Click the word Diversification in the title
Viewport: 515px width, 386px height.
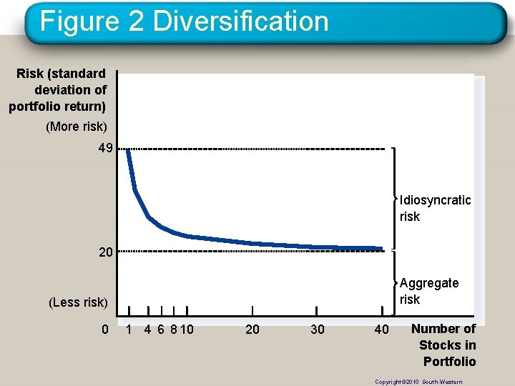240,21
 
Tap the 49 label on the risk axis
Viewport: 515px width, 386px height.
107,149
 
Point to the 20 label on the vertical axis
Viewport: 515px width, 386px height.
107,252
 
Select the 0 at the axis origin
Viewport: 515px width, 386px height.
104,330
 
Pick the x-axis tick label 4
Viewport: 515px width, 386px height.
147,330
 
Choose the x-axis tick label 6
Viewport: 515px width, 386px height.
161,330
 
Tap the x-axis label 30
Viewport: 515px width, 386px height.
317,330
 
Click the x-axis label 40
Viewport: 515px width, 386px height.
382,330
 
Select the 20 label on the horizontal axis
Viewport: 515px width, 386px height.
252,330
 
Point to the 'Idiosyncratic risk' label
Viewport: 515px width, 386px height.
435,208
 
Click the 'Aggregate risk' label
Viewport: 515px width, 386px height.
429,291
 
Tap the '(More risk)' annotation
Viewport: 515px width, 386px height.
77,127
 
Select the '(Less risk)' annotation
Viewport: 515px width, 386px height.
78,302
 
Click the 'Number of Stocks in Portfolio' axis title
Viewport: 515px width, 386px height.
444,345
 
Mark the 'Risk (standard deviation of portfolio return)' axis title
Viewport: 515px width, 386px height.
59,90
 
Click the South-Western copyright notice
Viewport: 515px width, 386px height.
418,382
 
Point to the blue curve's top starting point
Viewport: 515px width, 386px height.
128,150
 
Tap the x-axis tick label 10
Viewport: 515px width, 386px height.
187,330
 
